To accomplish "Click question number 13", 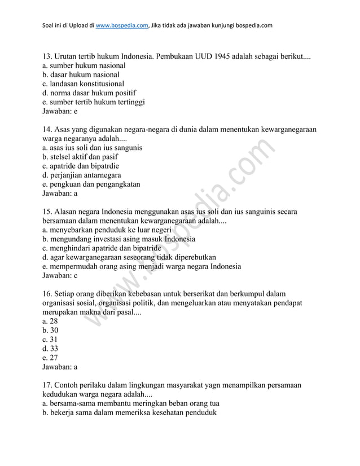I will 48,57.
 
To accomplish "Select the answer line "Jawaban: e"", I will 60,112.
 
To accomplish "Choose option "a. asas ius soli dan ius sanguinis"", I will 92,148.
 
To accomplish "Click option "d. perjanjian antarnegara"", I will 81,175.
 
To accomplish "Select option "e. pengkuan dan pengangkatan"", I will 91,184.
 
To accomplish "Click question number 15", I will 48,212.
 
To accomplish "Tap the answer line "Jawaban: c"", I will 60,275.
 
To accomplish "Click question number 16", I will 48,294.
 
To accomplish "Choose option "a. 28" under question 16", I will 50,321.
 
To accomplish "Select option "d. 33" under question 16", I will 50,349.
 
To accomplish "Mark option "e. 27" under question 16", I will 50,358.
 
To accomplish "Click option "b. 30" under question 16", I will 50,330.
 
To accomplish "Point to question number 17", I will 48,385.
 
